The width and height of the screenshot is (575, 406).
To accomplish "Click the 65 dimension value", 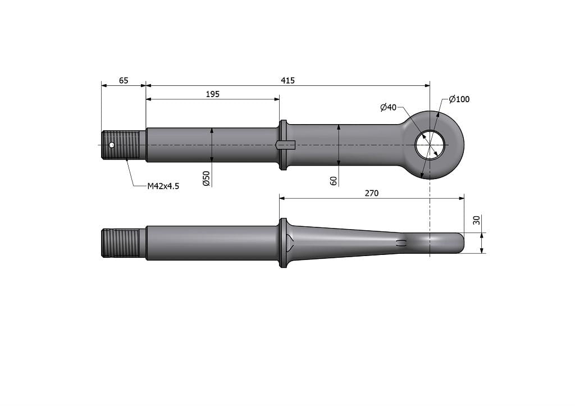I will pyautogui.click(x=124, y=80).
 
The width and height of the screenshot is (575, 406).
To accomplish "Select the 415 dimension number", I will pyautogui.click(x=287, y=80).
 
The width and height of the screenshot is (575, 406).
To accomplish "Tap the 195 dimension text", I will pyautogui.click(x=212, y=94).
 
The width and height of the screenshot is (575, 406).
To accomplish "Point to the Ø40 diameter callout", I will pyautogui.click(x=389, y=107).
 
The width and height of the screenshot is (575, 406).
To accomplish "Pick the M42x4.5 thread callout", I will pyautogui.click(x=163, y=186).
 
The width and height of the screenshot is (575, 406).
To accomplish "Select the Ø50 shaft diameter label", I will pyautogui.click(x=206, y=178).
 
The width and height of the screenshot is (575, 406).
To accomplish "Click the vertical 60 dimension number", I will pyautogui.click(x=334, y=181).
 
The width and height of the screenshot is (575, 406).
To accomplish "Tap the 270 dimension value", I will pyautogui.click(x=372, y=193).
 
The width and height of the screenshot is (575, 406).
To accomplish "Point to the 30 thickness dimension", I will pyautogui.click(x=477, y=220).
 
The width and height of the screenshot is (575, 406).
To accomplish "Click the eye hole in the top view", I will pyautogui.click(x=430, y=145).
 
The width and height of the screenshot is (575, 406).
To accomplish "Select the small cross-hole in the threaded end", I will pyautogui.click(x=112, y=145).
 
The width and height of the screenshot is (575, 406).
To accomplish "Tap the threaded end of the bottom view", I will pyautogui.click(x=121, y=243).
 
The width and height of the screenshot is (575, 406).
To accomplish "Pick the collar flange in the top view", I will pyautogui.click(x=283, y=145).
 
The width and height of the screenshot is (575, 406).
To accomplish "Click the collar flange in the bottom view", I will pyautogui.click(x=283, y=243).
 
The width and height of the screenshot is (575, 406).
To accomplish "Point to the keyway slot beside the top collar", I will pyautogui.click(x=286, y=145).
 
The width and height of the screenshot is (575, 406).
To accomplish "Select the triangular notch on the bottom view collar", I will pyautogui.click(x=289, y=243).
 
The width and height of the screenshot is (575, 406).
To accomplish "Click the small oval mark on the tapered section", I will pyautogui.click(x=401, y=243).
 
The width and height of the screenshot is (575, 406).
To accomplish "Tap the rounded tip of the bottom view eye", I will pyautogui.click(x=461, y=243).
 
